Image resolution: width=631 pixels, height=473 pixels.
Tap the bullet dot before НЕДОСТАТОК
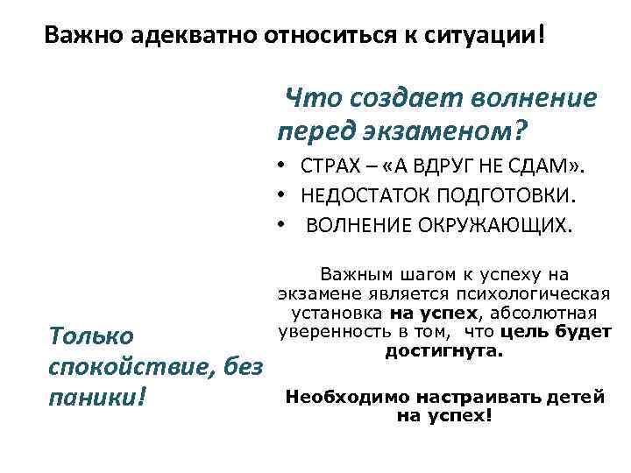point(277,195)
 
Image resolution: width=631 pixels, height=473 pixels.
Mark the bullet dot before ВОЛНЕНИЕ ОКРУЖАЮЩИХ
point(277,224)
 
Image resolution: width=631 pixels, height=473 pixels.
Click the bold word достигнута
point(443,351)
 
